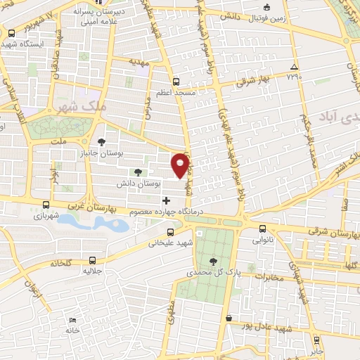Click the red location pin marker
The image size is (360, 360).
coord(181,165)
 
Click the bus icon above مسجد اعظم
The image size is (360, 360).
coord(176,81)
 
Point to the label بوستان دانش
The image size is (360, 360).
coord(137,183)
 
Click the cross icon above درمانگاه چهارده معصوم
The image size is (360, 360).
coord(166,200)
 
